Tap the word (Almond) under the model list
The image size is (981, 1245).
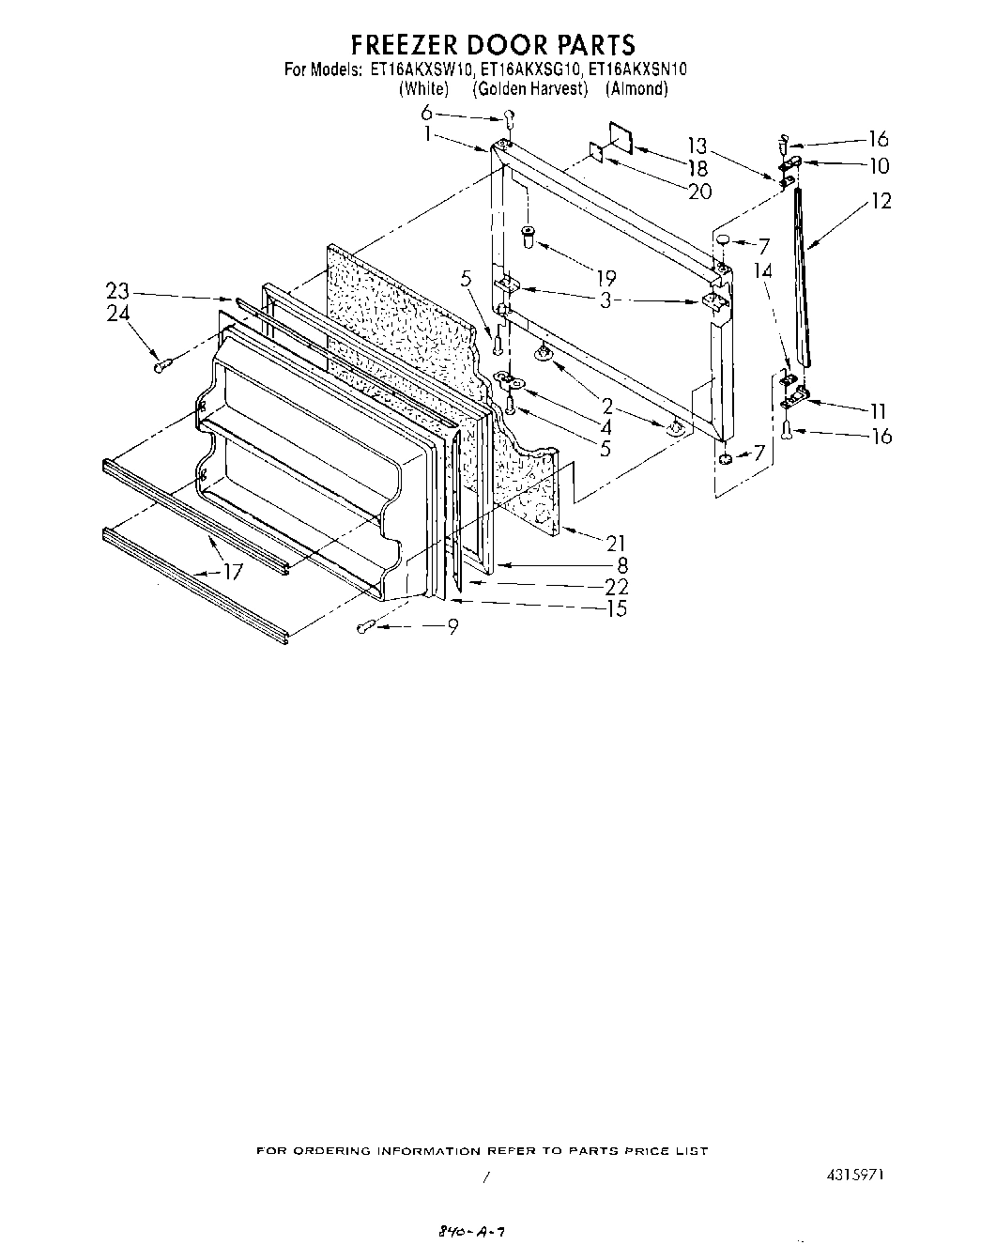[x=636, y=88]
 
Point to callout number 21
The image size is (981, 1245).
[x=616, y=542]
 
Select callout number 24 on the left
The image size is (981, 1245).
[x=117, y=314]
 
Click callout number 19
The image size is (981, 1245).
[x=605, y=277]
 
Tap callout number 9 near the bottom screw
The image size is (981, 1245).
[x=452, y=627]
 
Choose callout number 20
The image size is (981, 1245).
[x=698, y=192]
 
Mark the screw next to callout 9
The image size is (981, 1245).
[x=367, y=626]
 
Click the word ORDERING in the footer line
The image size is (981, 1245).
[x=335, y=1151]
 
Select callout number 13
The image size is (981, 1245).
[x=697, y=146]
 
